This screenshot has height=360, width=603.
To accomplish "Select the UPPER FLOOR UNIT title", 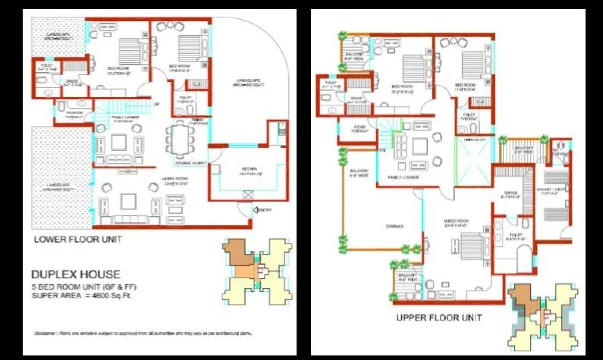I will (439, 317).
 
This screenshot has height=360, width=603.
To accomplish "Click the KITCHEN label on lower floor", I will (250, 173).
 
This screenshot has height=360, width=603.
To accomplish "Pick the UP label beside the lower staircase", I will (156, 104).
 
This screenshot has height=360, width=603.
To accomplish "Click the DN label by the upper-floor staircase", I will (384, 150).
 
